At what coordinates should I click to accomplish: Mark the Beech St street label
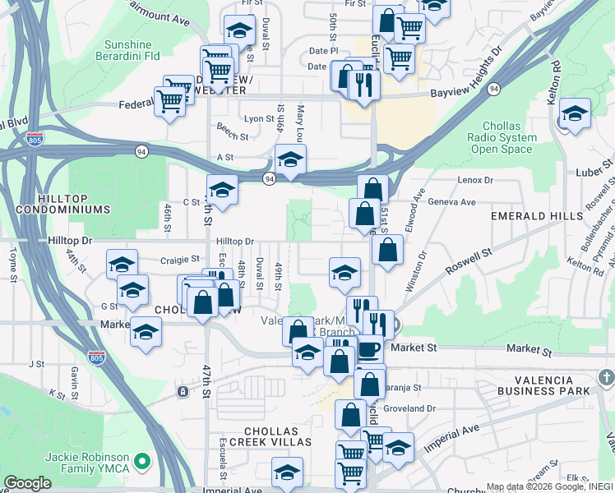pos(233,136)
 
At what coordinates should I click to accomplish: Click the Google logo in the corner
pos(27,483)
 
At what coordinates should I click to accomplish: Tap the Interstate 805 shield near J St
pos(95,357)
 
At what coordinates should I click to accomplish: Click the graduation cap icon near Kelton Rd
pos(575,115)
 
